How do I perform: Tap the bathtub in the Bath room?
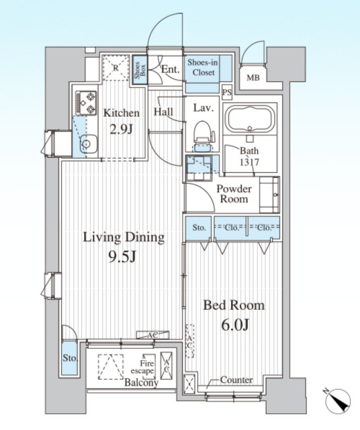(x=250, y=119)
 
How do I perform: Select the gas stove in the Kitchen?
(x=87, y=103)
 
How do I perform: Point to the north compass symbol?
(x=338, y=400)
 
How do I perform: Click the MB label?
(x=253, y=78)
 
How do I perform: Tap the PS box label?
(x=227, y=93)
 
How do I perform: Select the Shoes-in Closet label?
(x=203, y=67)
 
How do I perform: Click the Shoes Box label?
(x=140, y=70)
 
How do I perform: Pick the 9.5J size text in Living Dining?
(x=122, y=257)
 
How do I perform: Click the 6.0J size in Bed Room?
(x=235, y=325)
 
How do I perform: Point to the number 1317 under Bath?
(x=249, y=163)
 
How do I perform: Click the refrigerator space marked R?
(x=116, y=67)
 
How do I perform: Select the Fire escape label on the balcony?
(x=142, y=368)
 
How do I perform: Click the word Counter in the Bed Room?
(x=236, y=380)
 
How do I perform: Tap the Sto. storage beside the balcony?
(x=70, y=358)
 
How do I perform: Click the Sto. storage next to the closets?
(x=199, y=228)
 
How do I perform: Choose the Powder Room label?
(x=234, y=194)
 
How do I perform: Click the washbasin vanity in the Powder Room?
(x=269, y=195)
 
